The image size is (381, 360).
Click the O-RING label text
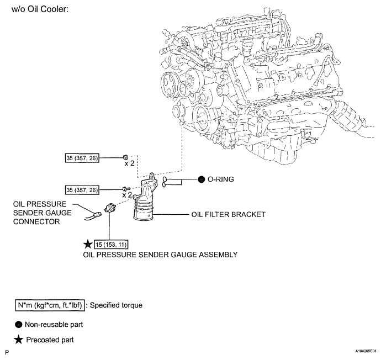click(x=221, y=180)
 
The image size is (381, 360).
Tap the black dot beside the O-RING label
click(x=202, y=180)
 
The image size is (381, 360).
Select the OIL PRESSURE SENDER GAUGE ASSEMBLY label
click(x=160, y=255)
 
